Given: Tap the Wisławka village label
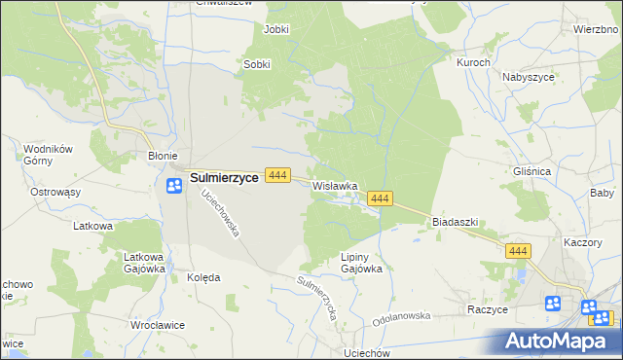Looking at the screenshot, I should click(x=336, y=185).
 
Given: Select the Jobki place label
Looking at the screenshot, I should click(x=276, y=29).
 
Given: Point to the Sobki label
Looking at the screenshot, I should click(x=256, y=65).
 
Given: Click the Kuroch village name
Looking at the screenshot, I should click(x=473, y=61).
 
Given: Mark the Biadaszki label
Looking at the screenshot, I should click(x=455, y=222).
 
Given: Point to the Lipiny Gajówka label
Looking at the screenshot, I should click(x=351, y=262).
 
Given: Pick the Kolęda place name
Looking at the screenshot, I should click(x=203, y=277).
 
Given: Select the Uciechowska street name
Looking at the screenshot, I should click(x=220, y=214).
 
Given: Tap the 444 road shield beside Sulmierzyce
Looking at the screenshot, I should click(x=277, y=175).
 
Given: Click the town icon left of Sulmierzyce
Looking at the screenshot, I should click(x=175, y=186).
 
